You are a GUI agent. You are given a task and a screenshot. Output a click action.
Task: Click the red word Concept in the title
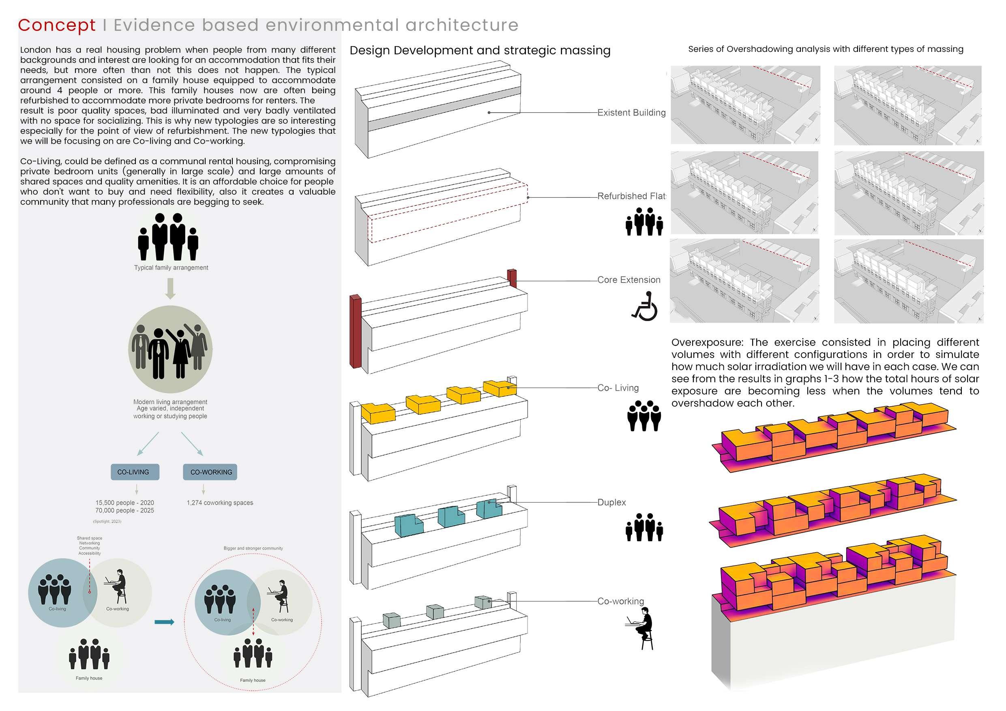tap(56, 26)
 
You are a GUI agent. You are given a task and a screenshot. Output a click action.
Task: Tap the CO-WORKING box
tap(210, 472)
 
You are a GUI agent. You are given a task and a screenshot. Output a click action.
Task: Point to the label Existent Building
tap(631, 113)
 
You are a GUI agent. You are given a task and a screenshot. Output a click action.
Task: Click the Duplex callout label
tap(611, 503)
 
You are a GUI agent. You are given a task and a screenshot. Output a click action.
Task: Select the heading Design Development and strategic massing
tap(480, 50)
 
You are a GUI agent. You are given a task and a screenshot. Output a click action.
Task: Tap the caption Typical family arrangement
tap(171, 268)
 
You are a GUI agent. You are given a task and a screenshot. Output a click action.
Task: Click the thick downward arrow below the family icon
tap(170, 288)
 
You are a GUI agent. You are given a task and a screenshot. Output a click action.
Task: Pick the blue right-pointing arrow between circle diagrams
tap(164, 622)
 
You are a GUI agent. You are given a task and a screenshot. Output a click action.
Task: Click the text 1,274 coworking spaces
tap(220, 503)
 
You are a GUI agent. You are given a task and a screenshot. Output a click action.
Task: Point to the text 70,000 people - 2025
tap(124, 510)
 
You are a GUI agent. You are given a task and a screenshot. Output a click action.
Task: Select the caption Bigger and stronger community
tap(253, 548)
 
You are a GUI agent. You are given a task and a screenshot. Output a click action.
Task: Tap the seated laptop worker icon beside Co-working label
tap(641, 627)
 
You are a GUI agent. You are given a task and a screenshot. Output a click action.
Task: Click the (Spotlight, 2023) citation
tap(107, 521)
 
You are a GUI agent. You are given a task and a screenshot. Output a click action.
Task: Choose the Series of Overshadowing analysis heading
tap(826, 49)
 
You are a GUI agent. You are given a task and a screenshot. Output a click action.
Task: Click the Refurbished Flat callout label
tap(631, 196)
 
